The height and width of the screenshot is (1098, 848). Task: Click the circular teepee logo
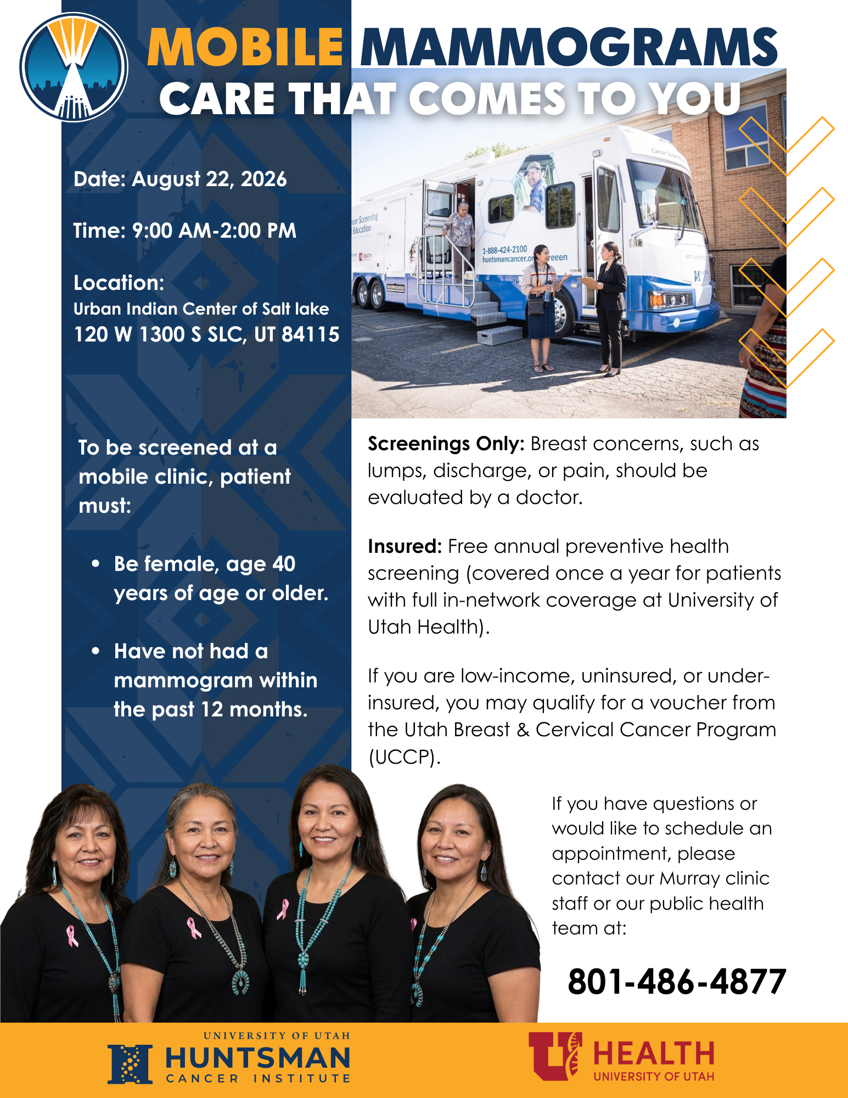coord(74,67)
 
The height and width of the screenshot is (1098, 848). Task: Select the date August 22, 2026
coord(209,180)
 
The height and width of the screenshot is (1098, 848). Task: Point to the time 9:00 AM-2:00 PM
coord(214,231)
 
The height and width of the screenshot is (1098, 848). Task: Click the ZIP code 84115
coord(311,334)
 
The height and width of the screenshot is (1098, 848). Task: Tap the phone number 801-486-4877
coord(677,982)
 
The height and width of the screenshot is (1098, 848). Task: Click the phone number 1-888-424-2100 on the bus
coord(504,250)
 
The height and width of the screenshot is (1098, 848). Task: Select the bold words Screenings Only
coord(446,444)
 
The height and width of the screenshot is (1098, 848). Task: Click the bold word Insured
coord(405,546)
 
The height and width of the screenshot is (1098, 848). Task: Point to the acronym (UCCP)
coord(404,757)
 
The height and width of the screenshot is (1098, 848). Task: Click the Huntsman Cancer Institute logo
coord(229,1057)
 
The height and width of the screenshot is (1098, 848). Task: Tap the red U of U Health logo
coord(621,1056)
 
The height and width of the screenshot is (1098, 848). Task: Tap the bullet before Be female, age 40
coord(96,564)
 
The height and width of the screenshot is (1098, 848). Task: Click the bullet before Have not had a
coord(96,651)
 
